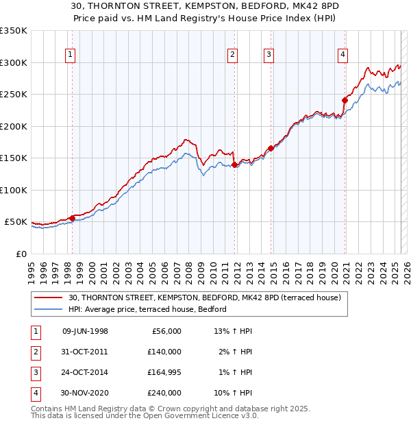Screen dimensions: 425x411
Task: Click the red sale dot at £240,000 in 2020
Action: [345, 100]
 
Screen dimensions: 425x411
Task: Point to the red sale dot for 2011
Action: [234, 165]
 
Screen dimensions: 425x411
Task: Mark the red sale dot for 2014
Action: [271, 148]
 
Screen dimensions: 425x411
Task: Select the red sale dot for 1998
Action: [73, 218]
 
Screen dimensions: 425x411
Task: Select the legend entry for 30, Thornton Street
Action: [209, 297]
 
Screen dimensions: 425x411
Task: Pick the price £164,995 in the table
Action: [164, 372]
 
